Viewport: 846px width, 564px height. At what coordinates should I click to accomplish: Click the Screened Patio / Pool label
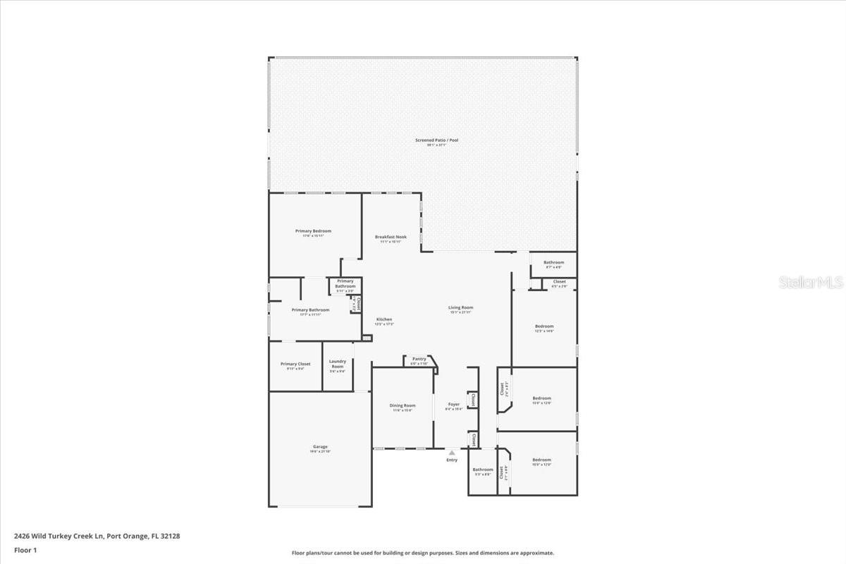(436, 140)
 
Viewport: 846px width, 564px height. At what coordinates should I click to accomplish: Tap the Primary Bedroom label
(313, 231)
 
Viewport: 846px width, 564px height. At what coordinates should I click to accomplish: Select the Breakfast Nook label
(391, 237)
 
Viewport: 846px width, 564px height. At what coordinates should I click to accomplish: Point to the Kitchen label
(384, 319)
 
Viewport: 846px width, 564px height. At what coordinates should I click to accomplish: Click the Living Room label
(460, 307)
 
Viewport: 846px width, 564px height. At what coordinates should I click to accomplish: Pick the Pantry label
(419, 359)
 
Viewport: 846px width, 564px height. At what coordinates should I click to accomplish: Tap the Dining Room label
(403, 405)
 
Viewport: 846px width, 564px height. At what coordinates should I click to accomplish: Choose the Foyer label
(454, 405)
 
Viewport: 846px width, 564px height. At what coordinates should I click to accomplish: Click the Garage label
(320, 446)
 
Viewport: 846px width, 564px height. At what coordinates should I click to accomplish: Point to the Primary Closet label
(295, 364)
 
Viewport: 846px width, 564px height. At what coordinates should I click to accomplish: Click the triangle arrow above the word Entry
(452, 452)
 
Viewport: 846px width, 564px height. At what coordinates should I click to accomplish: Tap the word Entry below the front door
(452, 460)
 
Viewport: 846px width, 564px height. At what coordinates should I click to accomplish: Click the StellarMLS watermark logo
(810, 282)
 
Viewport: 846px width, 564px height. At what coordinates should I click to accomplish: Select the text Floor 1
(25, 550)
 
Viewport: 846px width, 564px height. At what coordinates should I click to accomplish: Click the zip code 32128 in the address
(171, 536)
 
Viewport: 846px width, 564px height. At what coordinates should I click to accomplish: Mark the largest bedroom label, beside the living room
(544, 326)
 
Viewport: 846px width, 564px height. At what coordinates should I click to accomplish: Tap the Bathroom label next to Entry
(483, 470)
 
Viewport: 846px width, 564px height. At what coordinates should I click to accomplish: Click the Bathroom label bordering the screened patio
(553, 263)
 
